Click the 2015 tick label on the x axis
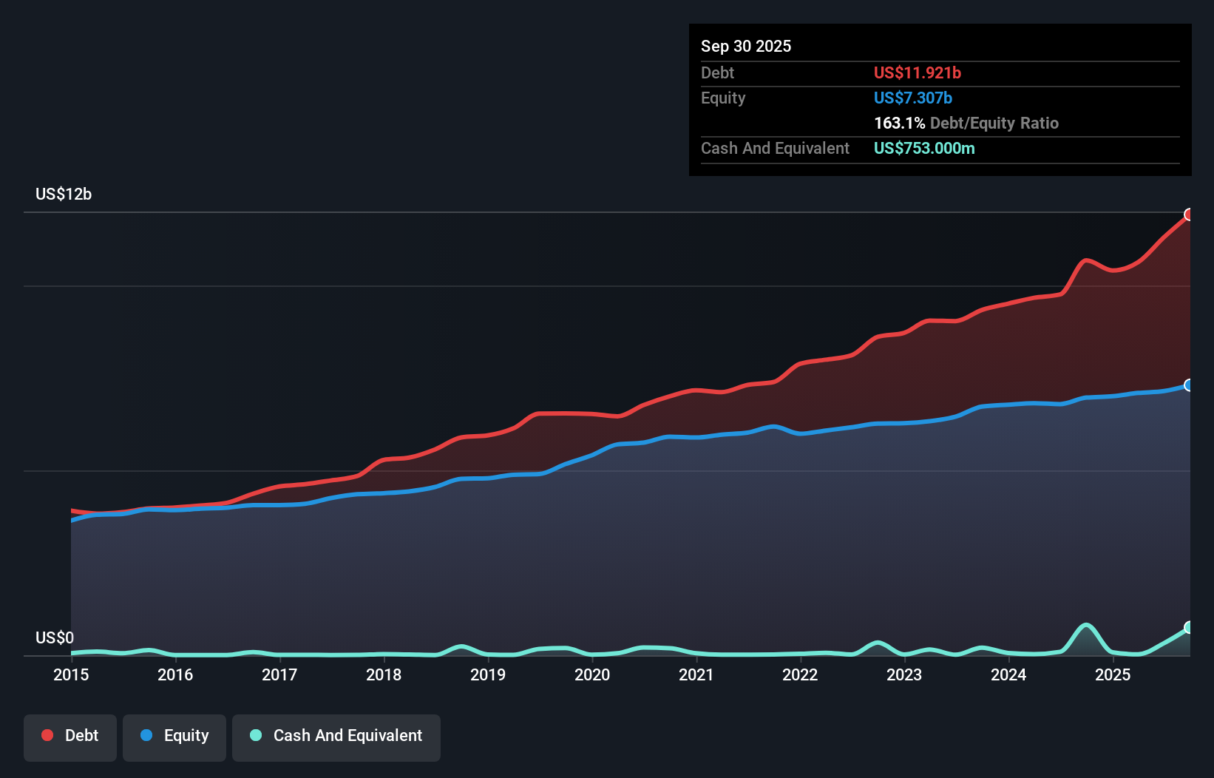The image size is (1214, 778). (x=71, y=674)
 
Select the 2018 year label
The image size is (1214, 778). (x=384, y=674)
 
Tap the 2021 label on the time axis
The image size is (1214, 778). (x=696, y=674)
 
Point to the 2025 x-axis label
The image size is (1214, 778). (x=1113, y=674)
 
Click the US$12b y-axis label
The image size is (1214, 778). (x=64, y=194)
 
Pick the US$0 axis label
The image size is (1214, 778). (x=55, y=637)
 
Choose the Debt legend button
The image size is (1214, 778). (x=70, y=736)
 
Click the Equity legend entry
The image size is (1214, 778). (x=174, y=736)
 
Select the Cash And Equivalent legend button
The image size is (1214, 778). (x=336, y=736)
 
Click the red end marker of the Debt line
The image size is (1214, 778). (x=1189, y=214)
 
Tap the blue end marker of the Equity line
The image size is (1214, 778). (x=1189, y=385)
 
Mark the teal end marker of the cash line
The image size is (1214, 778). (x=1189, y=627)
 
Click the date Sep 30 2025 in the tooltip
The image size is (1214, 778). (x=746, y=46)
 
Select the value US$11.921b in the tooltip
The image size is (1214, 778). (x=917, y=72)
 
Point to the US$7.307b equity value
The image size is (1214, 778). (x=912, y=98)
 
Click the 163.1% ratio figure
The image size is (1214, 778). (x=899, y=123)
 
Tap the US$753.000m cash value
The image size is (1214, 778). (x=924, y=148)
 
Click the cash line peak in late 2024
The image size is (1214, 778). (x=1085, y=625)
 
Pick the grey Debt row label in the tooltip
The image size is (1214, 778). (x=717, y=72)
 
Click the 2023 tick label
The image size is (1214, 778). (x=904, y=674)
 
